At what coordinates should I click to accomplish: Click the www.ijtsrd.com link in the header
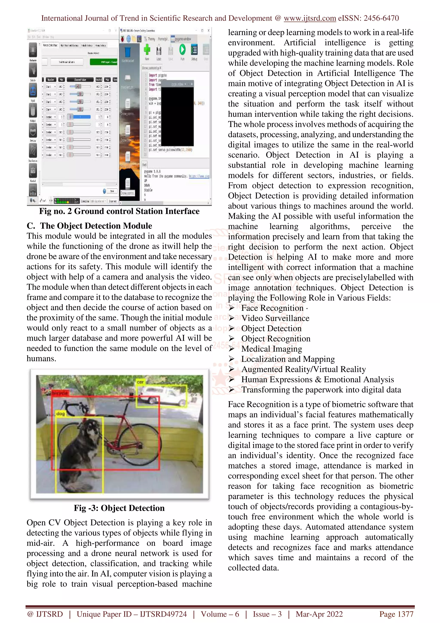310,18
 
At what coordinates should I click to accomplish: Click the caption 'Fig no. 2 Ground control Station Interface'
119,211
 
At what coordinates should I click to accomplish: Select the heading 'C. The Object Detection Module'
89,226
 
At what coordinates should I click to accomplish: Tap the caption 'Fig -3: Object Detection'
119,508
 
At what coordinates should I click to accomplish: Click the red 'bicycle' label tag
60,393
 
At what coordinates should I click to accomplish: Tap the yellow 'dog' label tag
60,414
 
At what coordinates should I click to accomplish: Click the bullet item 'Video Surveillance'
275,318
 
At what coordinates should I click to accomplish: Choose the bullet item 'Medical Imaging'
272,349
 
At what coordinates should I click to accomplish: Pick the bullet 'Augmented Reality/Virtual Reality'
303,369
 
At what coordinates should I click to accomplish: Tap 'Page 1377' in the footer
396,614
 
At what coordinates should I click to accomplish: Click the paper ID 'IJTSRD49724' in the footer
163,614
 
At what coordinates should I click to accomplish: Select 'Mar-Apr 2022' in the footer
319,614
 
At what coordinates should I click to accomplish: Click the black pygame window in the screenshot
178,117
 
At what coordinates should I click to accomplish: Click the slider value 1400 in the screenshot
78,87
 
